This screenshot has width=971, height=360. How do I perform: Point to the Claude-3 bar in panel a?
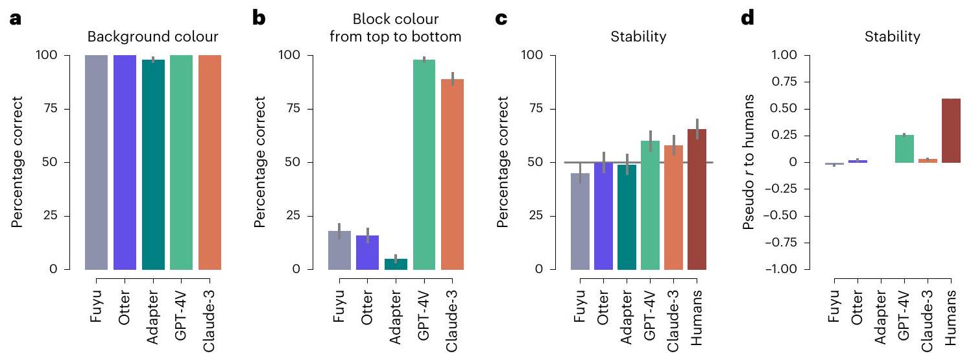pyautogui.click(x=210, y=162)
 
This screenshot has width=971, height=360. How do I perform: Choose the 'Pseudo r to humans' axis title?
pyautogui.click(x=752, y=162)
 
